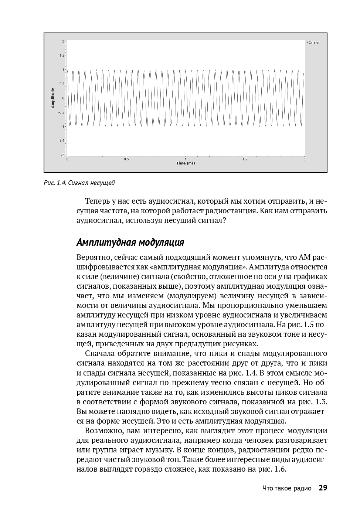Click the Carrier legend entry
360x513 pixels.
(x=313, y=43)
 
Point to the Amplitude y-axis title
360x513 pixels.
(x=53, y=98)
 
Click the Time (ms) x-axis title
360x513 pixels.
(x=186, y=163)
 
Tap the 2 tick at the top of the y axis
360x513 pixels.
(x=63, y=41)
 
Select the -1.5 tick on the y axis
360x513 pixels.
(x=61, y=140)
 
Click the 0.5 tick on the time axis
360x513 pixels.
(x=126, y=159)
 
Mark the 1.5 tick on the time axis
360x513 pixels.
(x=245, y=159)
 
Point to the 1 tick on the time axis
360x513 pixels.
(x=186, y=159)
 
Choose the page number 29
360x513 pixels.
(x=323, y=488)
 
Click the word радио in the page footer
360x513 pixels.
(x=303, y=489)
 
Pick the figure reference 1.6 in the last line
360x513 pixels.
(x=281, y=469)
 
